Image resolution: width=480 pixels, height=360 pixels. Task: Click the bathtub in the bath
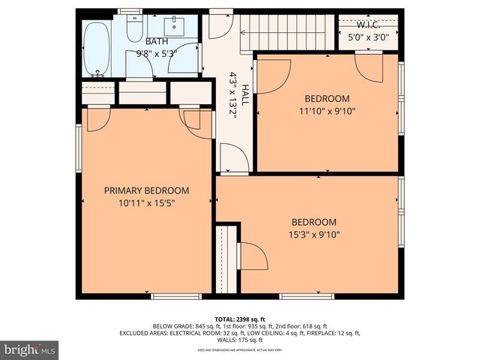[97, 49]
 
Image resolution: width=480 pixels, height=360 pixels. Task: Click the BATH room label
[157, 41]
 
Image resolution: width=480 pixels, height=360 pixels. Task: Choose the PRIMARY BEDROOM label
[146, 190]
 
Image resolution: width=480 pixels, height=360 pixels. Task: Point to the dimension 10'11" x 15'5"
[146, 202]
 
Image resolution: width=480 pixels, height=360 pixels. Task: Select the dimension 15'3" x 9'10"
[313, 234]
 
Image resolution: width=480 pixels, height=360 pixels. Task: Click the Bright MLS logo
[30, 349]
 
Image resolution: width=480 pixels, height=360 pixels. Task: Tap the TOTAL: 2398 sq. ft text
[240, 319]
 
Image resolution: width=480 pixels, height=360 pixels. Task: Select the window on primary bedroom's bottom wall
[176, 296]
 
